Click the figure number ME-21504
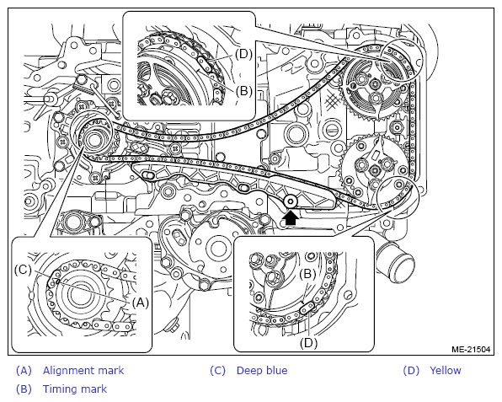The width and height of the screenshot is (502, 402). [471, 349]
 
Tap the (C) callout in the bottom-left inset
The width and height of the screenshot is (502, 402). [23, 270]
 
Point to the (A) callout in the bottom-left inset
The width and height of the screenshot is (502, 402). [141, 303]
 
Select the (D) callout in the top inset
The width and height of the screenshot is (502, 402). [243, 54]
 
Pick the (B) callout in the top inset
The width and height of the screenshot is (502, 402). [244, 91]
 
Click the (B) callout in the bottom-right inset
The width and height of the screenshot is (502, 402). [307, 274]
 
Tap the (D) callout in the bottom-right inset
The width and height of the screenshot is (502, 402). [308, 343]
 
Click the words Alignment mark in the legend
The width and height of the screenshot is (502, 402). [83, 370]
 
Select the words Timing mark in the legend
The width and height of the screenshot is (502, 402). [75, 389]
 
